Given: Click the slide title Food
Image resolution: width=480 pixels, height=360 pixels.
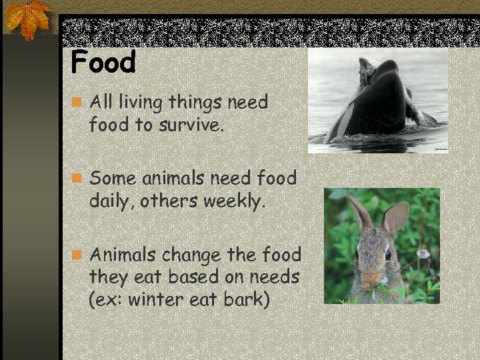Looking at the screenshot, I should tap(103, 62).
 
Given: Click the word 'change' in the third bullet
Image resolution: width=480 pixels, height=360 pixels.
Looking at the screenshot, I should tap(193, 255).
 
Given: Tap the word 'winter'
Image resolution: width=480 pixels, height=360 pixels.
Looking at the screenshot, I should tap(157, 300).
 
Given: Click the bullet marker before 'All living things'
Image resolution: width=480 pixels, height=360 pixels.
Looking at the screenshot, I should tap(78, 103).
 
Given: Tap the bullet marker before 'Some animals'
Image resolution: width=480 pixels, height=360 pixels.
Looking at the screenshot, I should tap(78, 179).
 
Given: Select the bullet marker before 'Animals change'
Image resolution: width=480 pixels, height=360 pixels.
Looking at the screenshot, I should tap(78, 255).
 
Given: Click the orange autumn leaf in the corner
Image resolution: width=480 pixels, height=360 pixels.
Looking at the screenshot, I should tap(27, 18).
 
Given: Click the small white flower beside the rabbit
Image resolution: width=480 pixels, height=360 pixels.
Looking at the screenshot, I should tap(422, 253).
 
